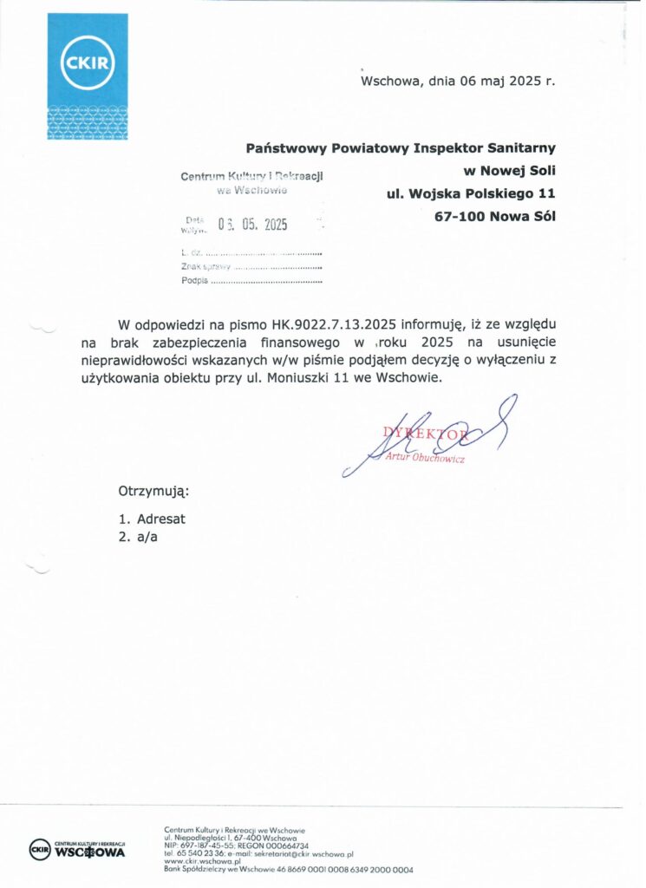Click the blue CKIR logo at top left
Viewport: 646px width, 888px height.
pos(87,76)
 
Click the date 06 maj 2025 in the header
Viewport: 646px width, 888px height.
pos(488,82)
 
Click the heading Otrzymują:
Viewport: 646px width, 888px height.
pos(153,492)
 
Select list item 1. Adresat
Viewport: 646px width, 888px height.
pos(152,519)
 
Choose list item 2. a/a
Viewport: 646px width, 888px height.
pos(144,537)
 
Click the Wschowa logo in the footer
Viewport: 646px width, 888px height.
pos(78,849)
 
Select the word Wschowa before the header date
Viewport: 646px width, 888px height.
pos(388,82)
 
